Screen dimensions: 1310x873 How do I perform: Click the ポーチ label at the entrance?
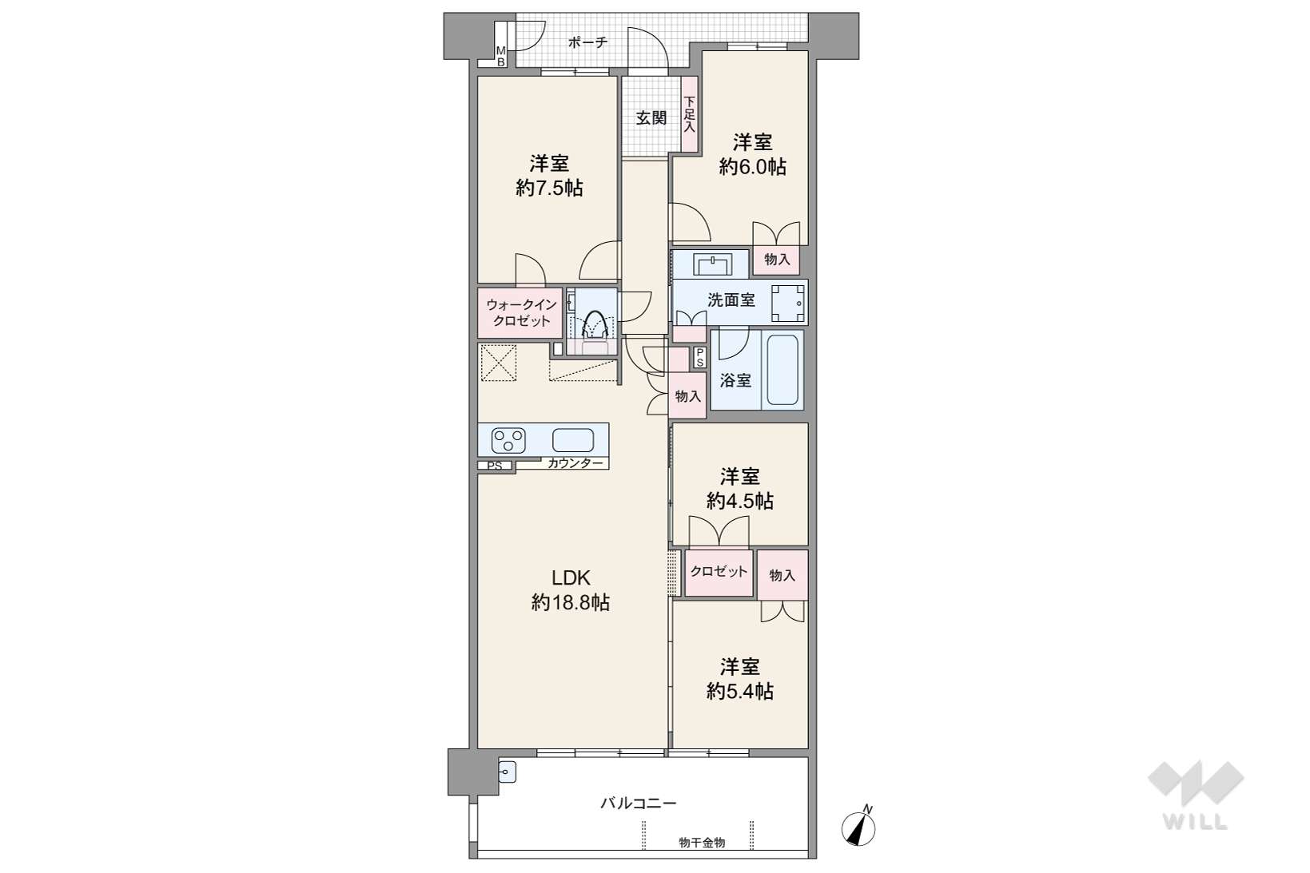click(587, 42)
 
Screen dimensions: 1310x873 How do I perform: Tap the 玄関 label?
click(651, 118)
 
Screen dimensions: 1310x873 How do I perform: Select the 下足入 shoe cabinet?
click(690, 114)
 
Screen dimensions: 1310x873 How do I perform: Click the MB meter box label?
click(500, 57)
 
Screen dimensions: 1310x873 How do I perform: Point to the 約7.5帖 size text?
click(549, 188)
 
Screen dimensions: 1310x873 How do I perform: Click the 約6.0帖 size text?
click(752, 167)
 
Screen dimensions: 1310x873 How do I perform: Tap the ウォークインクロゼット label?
click(521, 312)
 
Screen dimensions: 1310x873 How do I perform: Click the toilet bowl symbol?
click(596, 323)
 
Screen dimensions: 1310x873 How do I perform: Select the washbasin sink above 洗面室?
click(712, 264)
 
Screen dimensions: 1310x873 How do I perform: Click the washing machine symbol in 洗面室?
click(787, 304)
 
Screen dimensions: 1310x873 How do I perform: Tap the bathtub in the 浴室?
click(782, 369)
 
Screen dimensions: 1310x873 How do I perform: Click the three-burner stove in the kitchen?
click(508, 441)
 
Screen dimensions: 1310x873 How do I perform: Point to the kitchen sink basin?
click(573, 441)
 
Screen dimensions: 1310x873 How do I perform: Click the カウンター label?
click(575, 463)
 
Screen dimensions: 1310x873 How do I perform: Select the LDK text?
click(571, 578)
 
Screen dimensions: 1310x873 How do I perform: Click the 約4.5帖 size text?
click(740, 501)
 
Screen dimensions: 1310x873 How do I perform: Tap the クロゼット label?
click(719, 571)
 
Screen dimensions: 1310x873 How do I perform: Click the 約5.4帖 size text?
click(740, 691)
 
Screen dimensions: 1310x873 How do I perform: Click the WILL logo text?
click(1195, 822)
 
